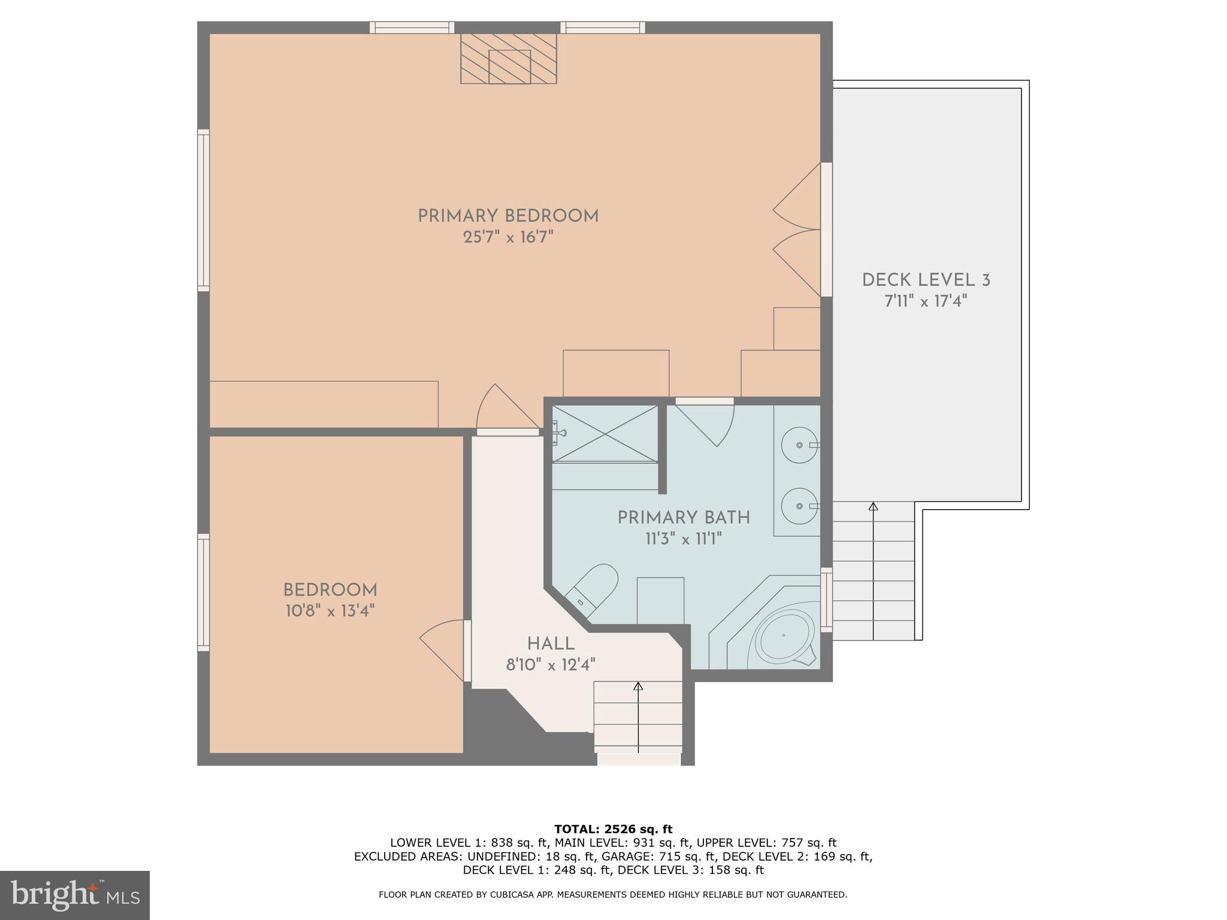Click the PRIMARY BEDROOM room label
point(508,216)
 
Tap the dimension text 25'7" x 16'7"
point(508,238)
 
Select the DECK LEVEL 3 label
point(926,280)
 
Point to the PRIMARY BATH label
point(684,518)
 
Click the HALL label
point(551,644)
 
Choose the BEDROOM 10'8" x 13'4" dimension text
point(330,612)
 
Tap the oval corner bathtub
point(784,635)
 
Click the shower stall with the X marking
point(605,434)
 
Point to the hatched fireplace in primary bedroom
point(509,59)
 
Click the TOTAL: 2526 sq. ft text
point(613,830)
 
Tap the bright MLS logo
point(74,895)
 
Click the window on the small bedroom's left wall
point(204,592)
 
